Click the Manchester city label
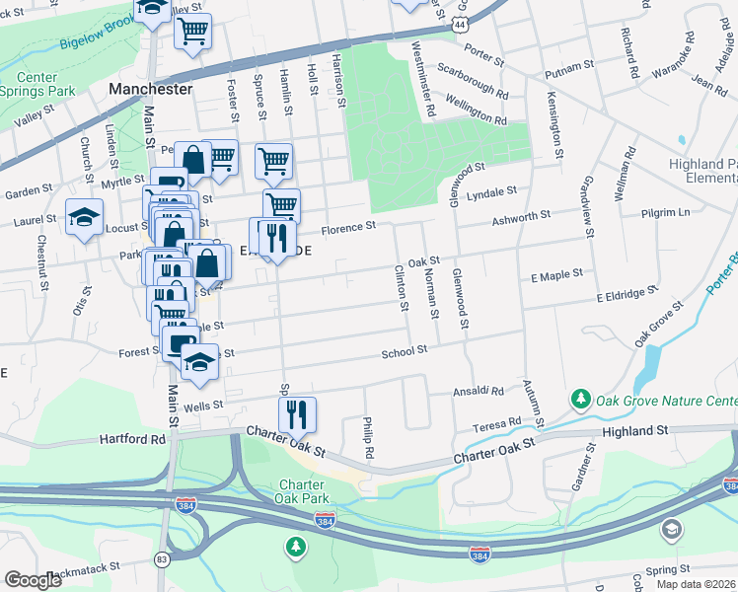[149, 89]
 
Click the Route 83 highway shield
[161, 559]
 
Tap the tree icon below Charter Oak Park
[295, 545]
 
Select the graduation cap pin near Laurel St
[84, 216]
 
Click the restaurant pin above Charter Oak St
[296, 414]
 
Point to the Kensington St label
[555, 126]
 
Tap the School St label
[405, 350]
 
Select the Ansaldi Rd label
[479, 391]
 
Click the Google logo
[33, 579]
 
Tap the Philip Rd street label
[369, 437]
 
